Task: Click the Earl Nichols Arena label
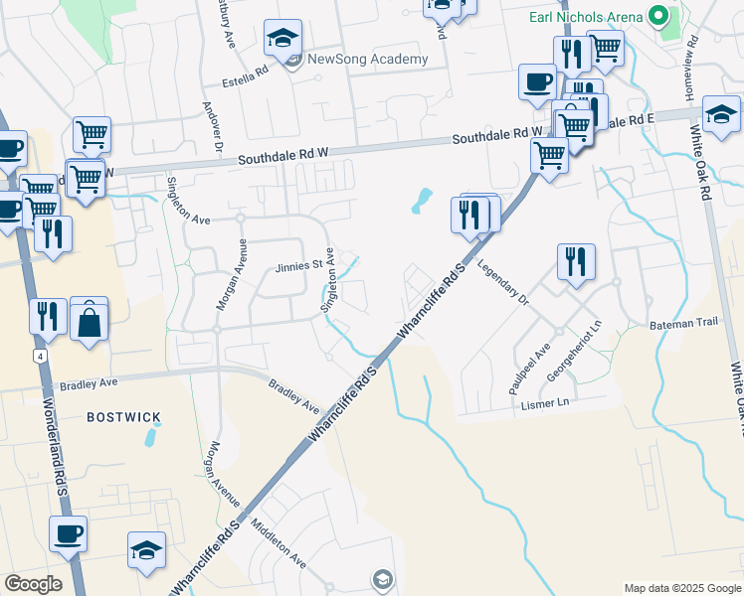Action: (x=584, y=17)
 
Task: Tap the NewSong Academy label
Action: (x=367, y=59)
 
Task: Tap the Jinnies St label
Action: (x=300, y=265)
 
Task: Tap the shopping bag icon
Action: (x=89, y=320)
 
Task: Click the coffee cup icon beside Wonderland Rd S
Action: (x=68, y=534)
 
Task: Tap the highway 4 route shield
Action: (x=39, y=354)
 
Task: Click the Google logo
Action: (x=32, y=584)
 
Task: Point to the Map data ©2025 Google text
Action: (x=681, y=588)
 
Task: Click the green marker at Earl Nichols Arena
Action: (x=657, y=16)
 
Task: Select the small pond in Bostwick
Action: (x=150, y=435)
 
